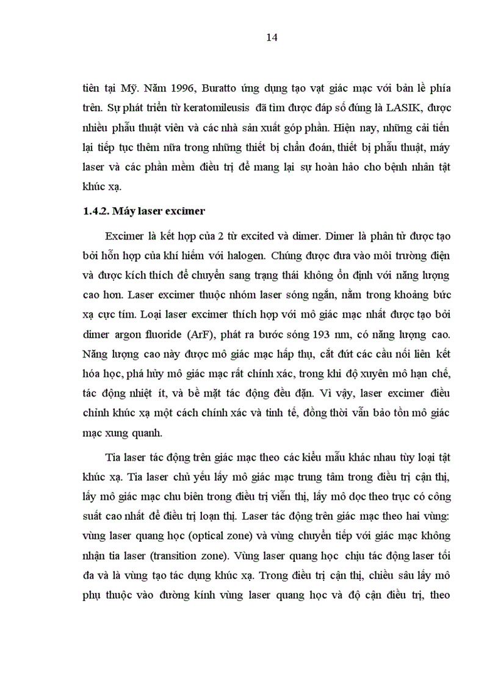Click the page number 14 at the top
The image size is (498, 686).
click(x=272, y=38)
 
